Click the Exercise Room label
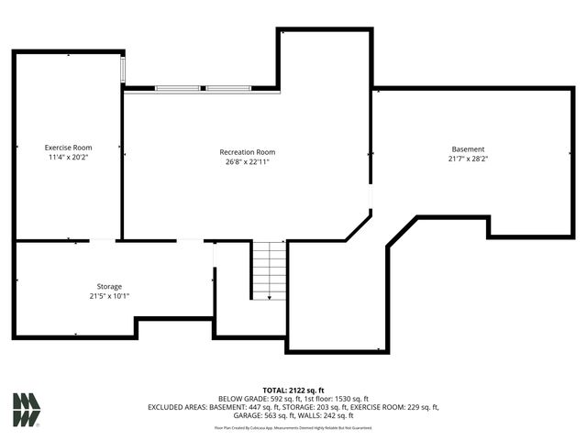[x=69, y=148]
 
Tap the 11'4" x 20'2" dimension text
[x=69, y=158]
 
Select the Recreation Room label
[x=247, y=152]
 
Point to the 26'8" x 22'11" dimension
[x=247, y=162]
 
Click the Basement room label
[x=468, y=149]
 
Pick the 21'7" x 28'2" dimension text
[x=468, y=159]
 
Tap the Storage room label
[x=109, y=286]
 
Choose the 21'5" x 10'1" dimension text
[x=109, y=296]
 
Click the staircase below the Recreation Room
[x=270, y=269]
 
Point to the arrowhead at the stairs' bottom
[x=270, y=296]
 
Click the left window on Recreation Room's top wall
[x=178, y=88]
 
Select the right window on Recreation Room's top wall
[x=228, y=88]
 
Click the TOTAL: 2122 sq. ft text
[x=293, y=390]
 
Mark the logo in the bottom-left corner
[x=27, y=410]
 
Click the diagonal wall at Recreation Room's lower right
[x=359, y=227]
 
